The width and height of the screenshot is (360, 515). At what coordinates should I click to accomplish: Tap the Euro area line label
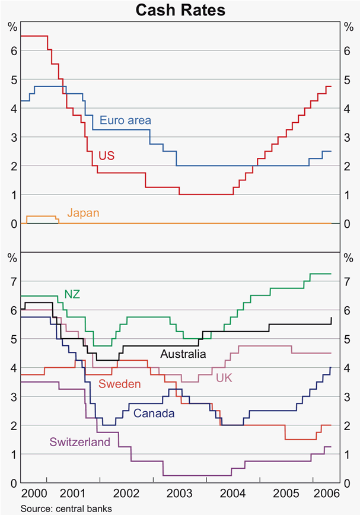pos(125,120)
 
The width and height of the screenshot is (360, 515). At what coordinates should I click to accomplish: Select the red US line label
pos(107,156)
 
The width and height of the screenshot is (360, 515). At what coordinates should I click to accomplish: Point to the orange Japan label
pos(82,212)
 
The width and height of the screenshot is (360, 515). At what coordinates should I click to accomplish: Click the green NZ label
pos(72,294)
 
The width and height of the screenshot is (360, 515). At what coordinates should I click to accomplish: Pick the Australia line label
pos(183,354)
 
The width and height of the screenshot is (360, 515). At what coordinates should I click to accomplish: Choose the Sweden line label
pos(119,384)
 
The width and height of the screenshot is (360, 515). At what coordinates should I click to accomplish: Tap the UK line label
pos(224,378)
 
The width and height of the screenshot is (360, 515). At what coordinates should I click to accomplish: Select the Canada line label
pos(154,413)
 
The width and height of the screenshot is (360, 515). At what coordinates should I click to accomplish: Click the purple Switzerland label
pos(80,442)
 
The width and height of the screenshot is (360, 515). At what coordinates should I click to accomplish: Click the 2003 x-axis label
pos(179,494)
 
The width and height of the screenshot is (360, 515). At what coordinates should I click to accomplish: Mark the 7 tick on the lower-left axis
pos(12,281)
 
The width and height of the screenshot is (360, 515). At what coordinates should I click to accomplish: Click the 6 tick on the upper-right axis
pos(348,51)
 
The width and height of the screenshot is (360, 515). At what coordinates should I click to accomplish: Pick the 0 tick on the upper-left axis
pos(12,224)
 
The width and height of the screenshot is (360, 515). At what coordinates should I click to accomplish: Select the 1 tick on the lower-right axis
pos(348,454)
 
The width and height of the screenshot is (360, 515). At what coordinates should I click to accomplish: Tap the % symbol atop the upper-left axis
pos(12,26)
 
